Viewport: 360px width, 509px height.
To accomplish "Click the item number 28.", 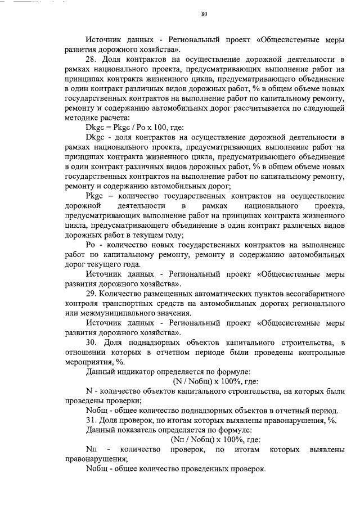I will point(92,59).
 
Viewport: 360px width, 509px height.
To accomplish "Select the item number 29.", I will point(92,294).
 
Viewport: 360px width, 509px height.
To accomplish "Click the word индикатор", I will point(140,372).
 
